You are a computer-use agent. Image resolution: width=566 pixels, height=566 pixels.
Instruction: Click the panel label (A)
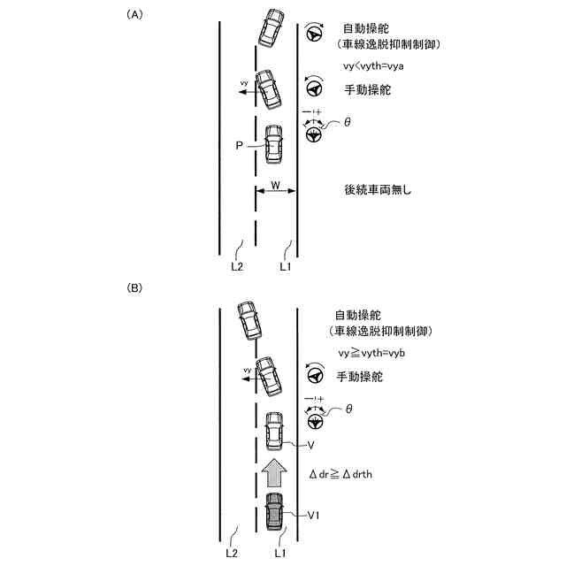pos(134,14)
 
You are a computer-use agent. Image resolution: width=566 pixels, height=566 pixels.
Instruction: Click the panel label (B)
pos(134,287)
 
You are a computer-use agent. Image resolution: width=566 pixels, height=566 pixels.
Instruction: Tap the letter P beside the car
pos(239,145)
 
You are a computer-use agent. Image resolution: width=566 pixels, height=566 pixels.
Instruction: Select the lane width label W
pos(275,186)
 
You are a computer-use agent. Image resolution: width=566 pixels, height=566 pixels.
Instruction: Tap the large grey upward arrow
pos(274,472)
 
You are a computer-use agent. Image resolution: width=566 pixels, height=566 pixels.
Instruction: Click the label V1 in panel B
pos(314,514)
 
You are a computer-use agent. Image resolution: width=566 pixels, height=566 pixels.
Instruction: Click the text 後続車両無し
pos(378,189)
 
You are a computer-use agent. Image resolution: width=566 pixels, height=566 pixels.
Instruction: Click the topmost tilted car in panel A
pos(272,28)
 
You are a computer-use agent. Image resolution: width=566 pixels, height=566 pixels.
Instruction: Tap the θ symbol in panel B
pos(348,409)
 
